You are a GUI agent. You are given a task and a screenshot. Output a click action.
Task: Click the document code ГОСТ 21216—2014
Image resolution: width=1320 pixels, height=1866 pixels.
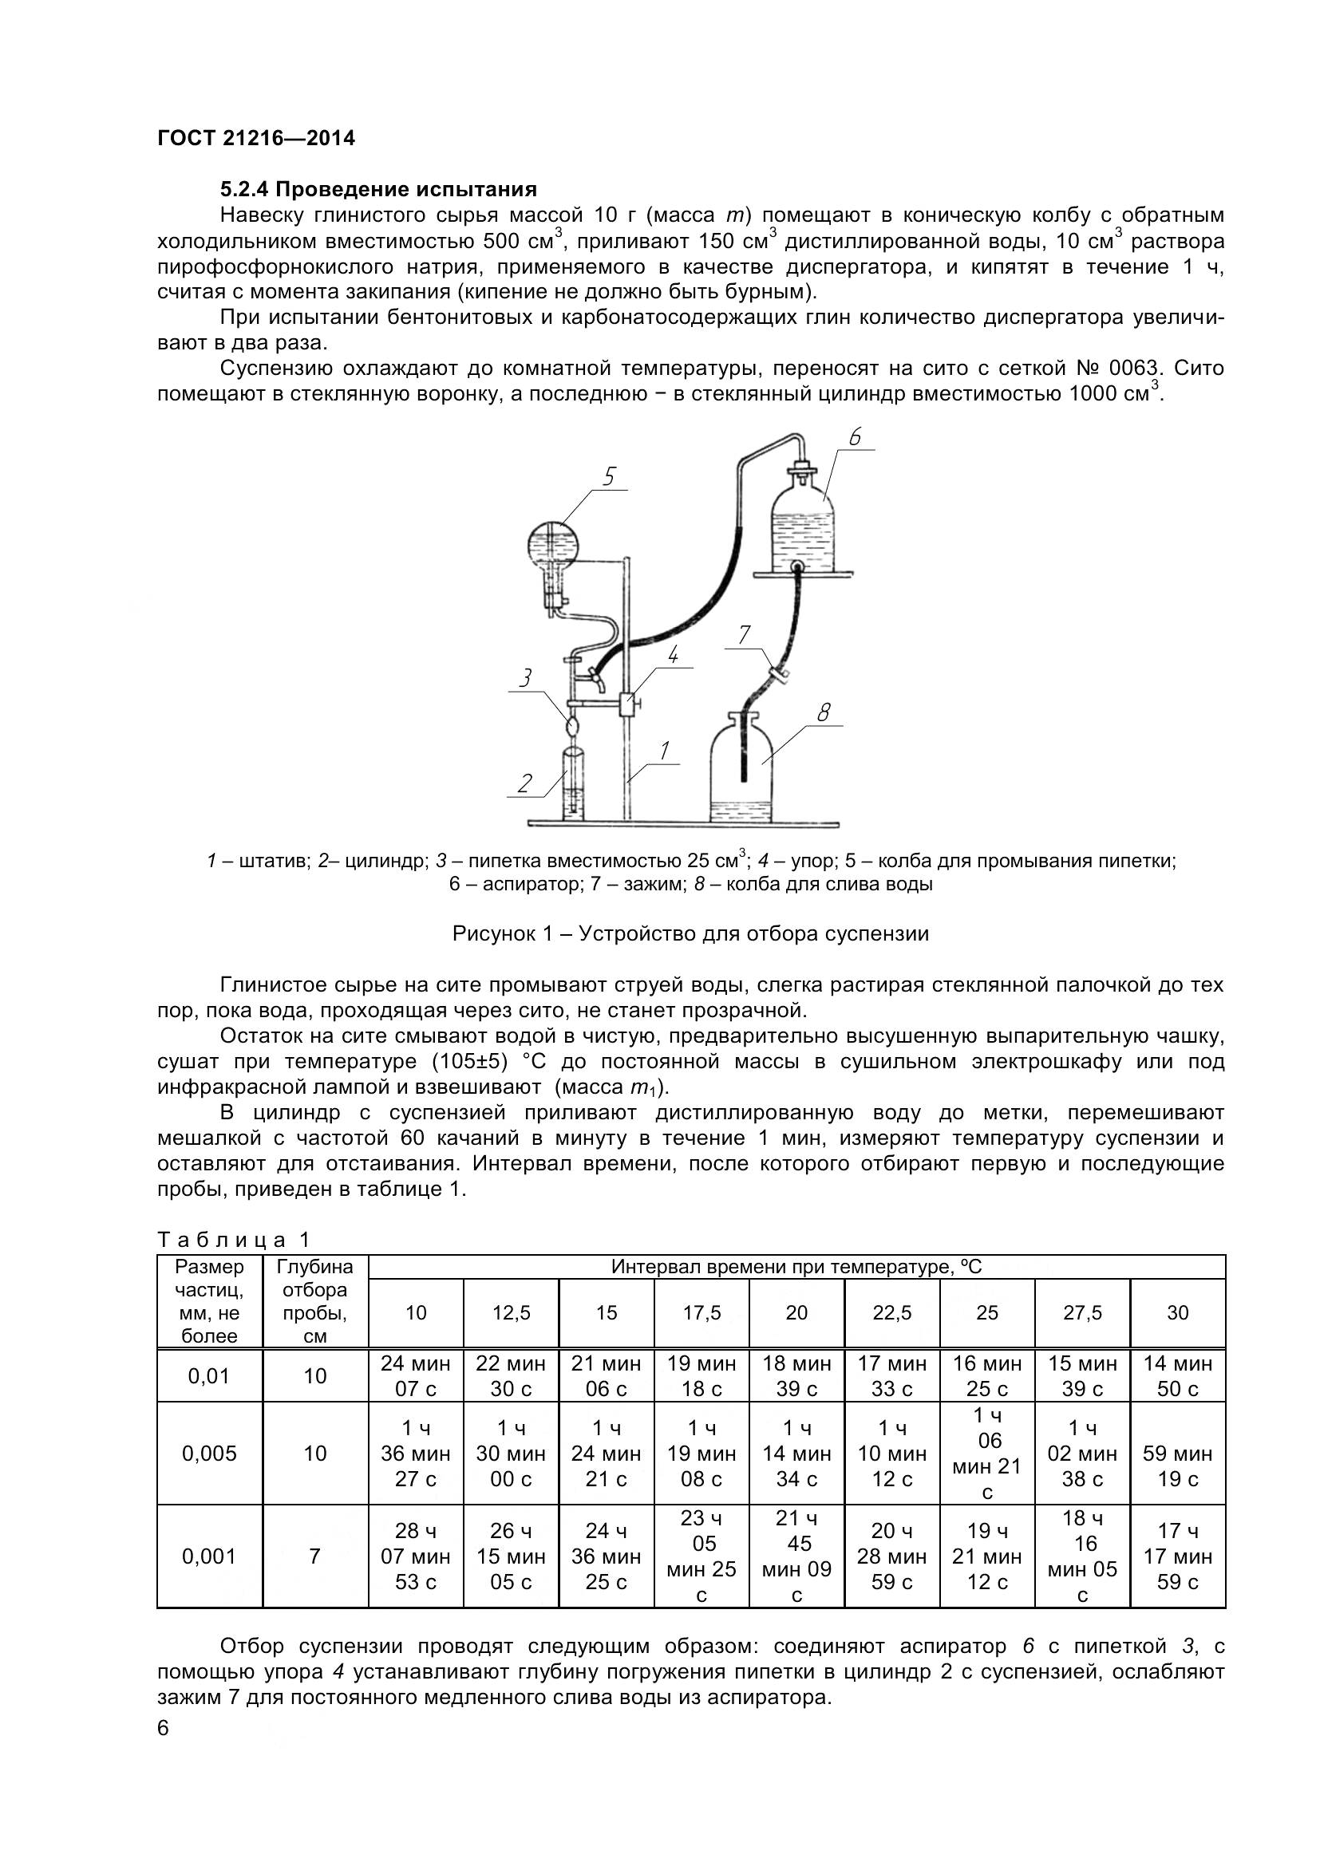click(x=256, y=139)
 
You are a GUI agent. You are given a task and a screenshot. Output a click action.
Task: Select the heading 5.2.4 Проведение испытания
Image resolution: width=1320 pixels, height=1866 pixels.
click(x=379, y=190)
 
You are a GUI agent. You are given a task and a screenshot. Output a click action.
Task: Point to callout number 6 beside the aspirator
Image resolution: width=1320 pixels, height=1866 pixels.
click(x=854, y=438)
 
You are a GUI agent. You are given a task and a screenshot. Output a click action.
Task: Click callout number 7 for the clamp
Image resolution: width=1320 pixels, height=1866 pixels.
click(x=745, y=635)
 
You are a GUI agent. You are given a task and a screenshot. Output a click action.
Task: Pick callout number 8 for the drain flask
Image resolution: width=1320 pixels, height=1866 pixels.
click(x=824, y=712)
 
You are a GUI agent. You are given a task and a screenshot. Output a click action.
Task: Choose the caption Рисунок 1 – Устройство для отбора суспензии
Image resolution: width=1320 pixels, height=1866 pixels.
click(x=690, y=934)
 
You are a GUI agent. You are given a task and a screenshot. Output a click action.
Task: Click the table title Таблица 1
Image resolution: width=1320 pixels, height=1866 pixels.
click(x=234, y=1241)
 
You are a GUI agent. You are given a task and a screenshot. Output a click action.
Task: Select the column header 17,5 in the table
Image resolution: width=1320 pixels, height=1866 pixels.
click(x=701, y=1312)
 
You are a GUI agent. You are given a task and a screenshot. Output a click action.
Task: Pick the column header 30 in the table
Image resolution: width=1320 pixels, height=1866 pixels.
click(x=1177, y=1312)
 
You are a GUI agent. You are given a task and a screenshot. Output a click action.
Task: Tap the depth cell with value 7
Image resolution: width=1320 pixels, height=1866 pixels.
click(x=314, y=1556)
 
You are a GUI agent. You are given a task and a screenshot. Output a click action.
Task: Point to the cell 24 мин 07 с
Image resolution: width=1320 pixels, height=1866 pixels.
click(x=415, y=1376)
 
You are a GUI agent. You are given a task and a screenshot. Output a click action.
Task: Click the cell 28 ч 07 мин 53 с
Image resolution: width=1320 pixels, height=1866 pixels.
click(x=415, y=1556)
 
